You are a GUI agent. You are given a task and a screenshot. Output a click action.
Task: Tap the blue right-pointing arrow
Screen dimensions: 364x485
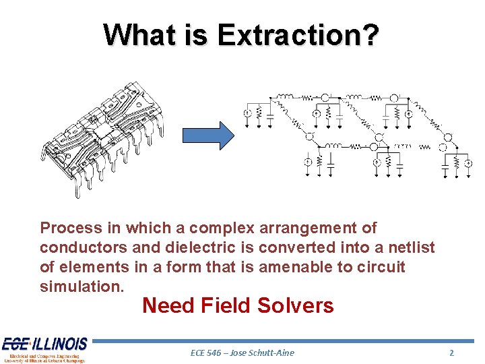click(x=208, y=135)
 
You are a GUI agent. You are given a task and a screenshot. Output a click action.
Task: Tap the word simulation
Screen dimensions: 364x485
click(x=82, y=286)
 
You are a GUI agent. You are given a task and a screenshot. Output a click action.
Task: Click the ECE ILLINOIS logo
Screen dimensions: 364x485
click(x=44, y=349)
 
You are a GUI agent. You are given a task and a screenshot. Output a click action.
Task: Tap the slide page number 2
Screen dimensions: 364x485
click(x=452, y=353)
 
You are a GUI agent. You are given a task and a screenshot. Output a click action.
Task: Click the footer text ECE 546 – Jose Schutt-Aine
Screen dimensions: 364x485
click(x=243, y=353)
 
